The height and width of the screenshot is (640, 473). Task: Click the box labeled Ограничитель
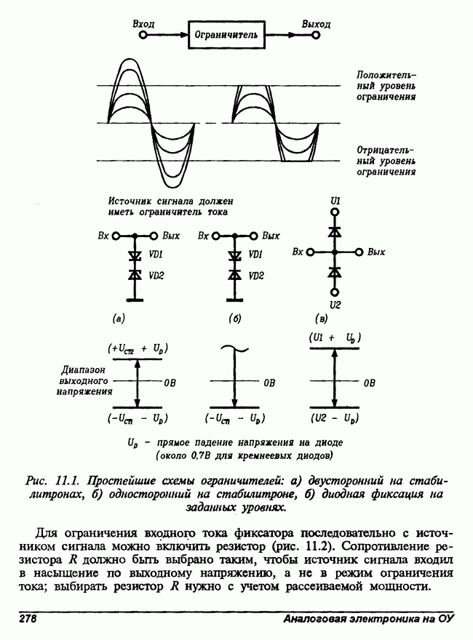click(227, 35)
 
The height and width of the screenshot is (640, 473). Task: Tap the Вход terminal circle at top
click(143, 35)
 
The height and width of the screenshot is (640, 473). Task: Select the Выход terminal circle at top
click(315, 35)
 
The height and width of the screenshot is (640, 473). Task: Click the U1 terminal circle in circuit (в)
click(335, 212)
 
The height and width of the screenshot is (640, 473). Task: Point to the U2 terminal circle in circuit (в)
click(335, 292)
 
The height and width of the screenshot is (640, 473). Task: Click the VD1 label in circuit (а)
click(156, 255)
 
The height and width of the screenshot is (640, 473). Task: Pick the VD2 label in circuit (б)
click(256, 276)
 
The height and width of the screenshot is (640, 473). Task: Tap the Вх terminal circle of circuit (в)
click(311, 252)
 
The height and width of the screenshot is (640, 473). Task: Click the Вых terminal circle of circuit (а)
click(154, 236)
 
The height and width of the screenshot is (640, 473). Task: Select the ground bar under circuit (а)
click(135, 300)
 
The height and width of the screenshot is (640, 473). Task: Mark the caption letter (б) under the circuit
click(235, 319)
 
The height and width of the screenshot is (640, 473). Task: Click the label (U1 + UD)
click(335, 338)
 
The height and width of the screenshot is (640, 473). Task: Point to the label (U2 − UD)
click(335, 418)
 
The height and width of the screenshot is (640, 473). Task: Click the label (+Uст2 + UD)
click(138, 349)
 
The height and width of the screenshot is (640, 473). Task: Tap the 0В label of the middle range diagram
click(269, 383)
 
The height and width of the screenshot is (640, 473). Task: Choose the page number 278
click(28, 619)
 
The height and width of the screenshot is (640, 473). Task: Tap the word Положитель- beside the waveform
click(386, 75)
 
